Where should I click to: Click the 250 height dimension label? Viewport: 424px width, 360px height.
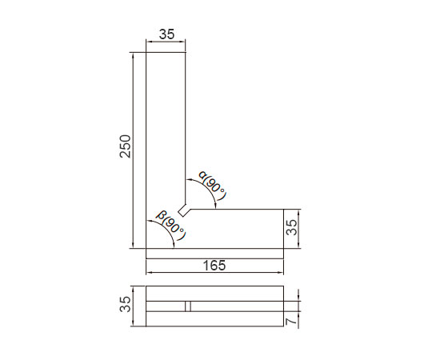point(126,146)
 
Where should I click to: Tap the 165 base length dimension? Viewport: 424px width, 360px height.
point(214,266)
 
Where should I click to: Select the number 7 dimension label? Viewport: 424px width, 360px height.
point(291,321)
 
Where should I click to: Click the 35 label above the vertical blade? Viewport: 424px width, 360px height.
point(166,34)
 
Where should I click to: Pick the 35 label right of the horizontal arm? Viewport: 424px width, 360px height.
point(291,227)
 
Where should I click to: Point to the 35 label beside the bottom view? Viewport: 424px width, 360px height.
point(126,304)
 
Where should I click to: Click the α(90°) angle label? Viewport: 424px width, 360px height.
point(213,186)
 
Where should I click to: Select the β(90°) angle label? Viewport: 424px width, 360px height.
point(171,226)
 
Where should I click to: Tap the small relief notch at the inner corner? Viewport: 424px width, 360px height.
point(182,210)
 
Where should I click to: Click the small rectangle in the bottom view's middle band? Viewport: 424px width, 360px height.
point(188,306)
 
